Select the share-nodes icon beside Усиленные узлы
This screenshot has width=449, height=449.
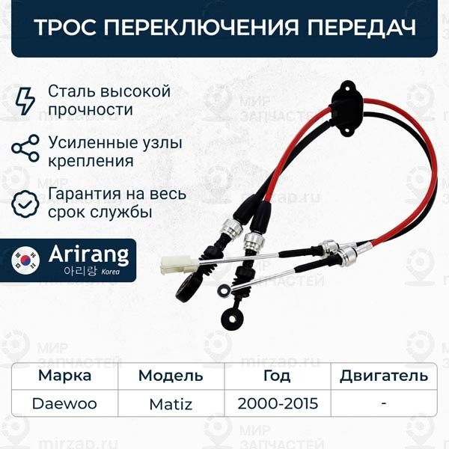25,149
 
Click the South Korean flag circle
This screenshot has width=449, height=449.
29,260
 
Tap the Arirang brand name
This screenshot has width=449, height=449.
88,254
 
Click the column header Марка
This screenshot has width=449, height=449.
65,375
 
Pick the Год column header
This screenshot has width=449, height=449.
278,375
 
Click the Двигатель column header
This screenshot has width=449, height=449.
384,375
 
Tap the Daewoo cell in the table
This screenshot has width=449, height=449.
64,404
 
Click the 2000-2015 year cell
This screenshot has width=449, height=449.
278,404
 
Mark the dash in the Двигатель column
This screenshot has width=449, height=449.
383,404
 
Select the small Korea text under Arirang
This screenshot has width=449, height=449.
110,273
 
